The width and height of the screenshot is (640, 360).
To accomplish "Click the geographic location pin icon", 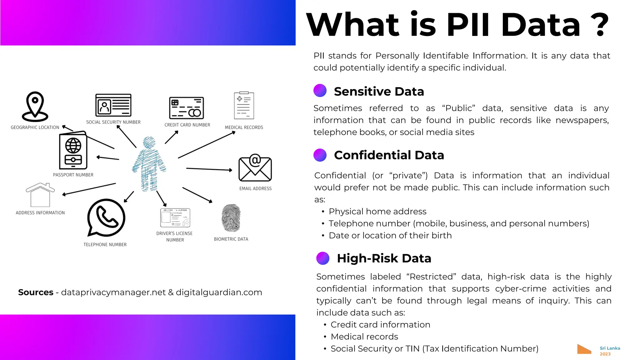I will [35, 106].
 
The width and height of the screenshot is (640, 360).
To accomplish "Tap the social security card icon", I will [113, 105].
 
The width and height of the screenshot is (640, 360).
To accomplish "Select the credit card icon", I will [187, 108].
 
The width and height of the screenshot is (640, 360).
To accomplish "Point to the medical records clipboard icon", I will [244, 106].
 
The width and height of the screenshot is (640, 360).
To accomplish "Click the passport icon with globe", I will [73, 151].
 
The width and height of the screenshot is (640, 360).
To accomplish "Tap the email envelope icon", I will [255, 168].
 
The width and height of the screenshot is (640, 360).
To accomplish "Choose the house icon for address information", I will [40, 195].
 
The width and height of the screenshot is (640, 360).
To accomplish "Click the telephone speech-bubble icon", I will [106, 217].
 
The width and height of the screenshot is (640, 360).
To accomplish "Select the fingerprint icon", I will [231, 218].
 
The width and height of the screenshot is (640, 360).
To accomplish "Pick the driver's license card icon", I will [175, 218].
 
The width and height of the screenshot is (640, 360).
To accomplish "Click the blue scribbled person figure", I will [149, 164].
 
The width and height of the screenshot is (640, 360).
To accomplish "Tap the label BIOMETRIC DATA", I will [231, 239].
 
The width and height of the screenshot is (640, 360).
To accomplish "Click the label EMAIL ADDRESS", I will [255, 188].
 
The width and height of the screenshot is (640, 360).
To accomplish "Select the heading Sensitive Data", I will [379, 92].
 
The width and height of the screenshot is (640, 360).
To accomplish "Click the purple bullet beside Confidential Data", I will [320, 155].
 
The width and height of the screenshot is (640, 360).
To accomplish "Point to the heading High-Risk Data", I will [384, 258].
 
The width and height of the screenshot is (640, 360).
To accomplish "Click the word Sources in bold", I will [36, 292].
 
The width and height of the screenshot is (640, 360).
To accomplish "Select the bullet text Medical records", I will [364, 337].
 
